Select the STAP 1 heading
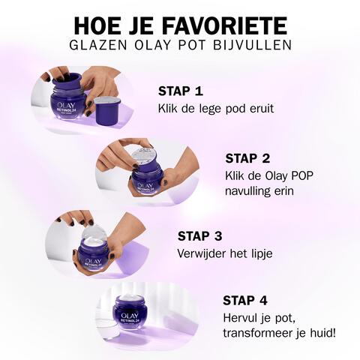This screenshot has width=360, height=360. click(180, 91)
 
